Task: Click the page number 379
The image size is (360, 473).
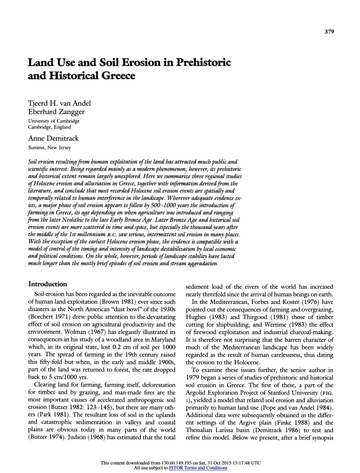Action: tap(329, 32)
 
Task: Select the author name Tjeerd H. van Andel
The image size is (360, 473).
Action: tap(59, 104)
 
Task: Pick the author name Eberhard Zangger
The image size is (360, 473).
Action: tap(56, 112)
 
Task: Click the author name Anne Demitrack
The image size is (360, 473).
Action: tap(53, 139)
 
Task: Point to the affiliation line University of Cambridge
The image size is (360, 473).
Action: tap(54, 121)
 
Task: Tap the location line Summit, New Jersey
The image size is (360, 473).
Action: tap(49, 148)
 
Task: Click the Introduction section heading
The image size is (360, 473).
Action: tap(47, 284)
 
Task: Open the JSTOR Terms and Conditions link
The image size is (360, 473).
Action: tap(198, 468)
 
